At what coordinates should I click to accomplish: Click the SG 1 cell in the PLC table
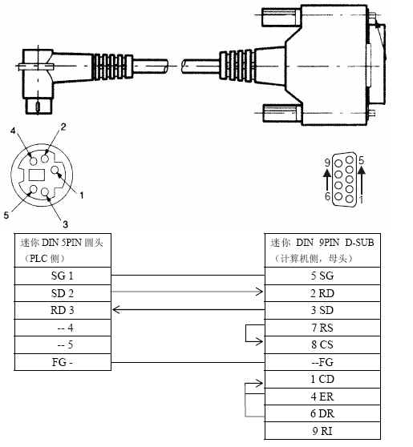click(63, 276)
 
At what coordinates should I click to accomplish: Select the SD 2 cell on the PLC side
click(63, 293)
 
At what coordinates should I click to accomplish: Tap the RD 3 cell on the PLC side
click(63, 311)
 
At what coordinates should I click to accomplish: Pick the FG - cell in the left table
click(63, 362)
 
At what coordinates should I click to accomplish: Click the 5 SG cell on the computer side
click(322, 276)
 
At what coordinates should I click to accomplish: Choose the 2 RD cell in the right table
click(322, 293)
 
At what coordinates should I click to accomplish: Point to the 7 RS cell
click(322, 328)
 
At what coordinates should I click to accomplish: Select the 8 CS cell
click(322, 345)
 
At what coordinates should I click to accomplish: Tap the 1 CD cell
click(322, 380)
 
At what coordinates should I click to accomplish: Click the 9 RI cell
click(322, 431)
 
